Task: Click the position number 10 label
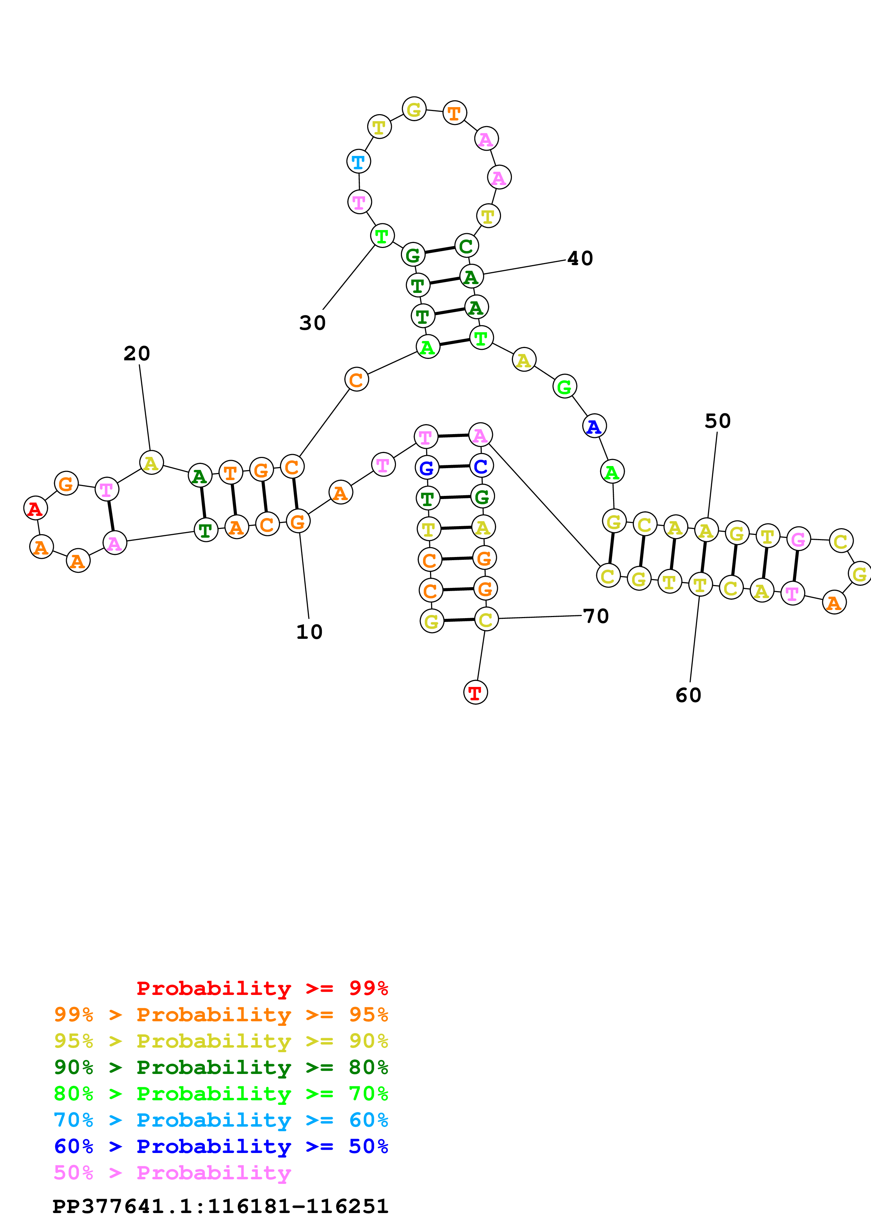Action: [309, 632]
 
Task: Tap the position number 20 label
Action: [137, 354]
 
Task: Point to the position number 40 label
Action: [580, 258]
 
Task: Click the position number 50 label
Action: [717, 421]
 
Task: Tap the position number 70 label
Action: [596, 616]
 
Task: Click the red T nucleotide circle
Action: [475, 692]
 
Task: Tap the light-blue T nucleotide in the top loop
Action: [358, 161]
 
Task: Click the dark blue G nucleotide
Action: [427, 468]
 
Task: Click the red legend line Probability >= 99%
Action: [262, 988]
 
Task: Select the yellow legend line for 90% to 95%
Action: [221, 1041]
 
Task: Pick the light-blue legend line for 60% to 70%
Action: [221, 1120]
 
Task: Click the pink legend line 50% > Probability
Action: [172, 1172]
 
